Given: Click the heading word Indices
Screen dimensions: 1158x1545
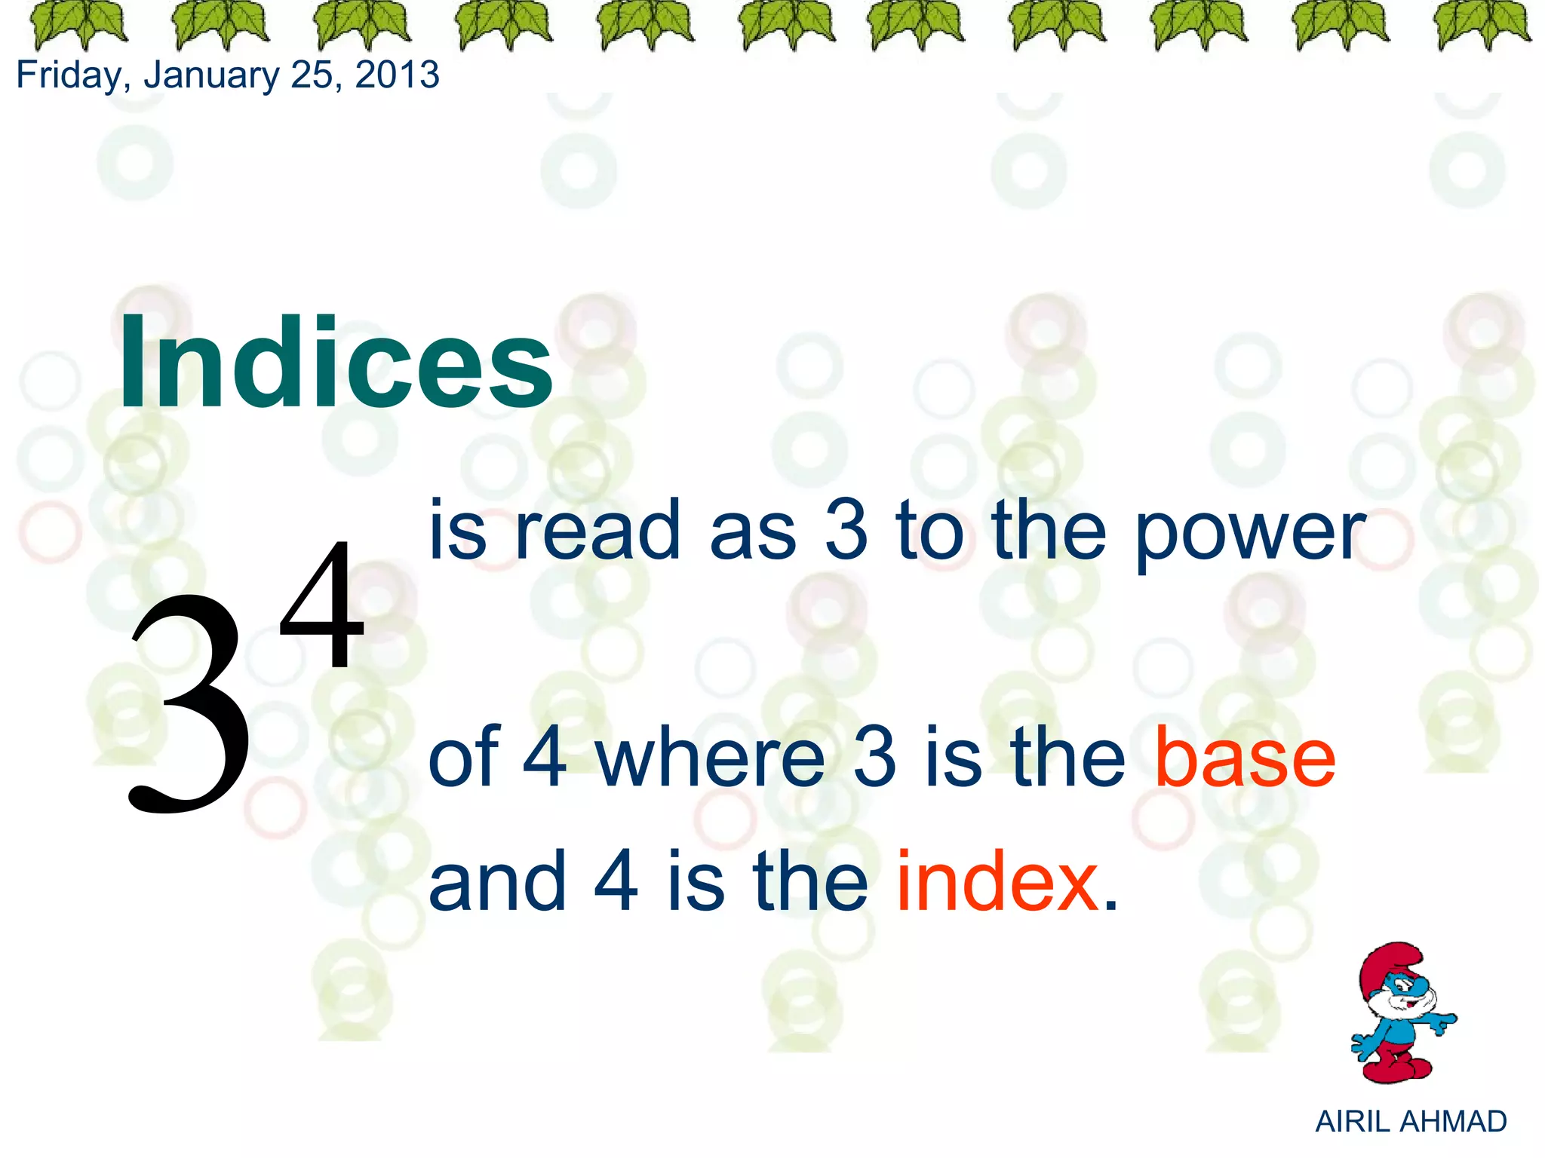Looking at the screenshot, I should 336,363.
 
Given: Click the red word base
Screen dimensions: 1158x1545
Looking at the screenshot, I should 1246,757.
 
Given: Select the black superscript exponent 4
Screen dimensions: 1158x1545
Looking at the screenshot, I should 322,607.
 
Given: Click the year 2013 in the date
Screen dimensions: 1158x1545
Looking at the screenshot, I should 398,75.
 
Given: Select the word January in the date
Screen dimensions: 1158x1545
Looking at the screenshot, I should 212,75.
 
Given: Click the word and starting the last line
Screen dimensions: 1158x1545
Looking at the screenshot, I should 497,880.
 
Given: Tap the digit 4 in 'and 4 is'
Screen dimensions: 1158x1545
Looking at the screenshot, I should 616,880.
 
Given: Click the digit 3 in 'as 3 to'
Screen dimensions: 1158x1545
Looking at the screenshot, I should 846,532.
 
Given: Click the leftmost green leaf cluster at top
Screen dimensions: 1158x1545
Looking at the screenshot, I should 78,24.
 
